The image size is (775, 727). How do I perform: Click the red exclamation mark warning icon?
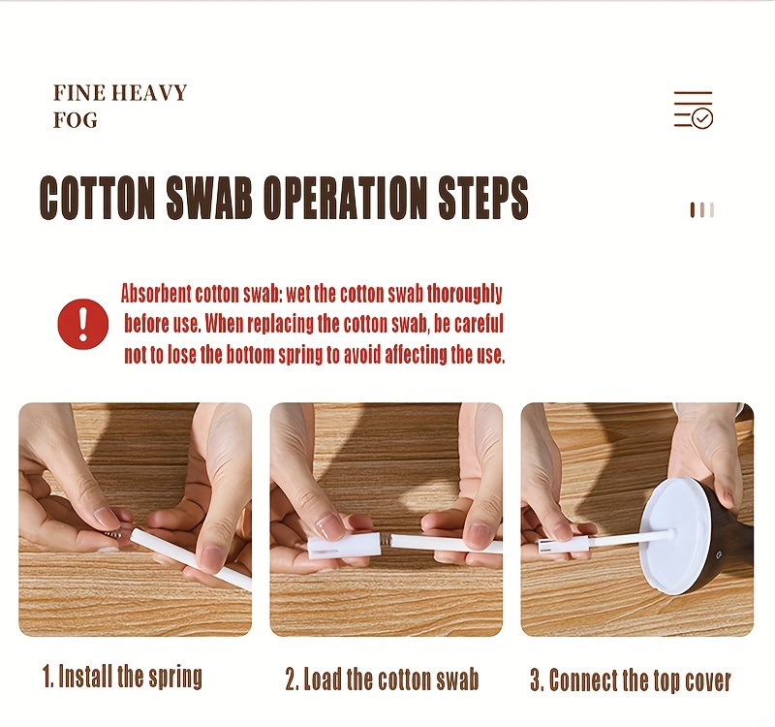point(83,323)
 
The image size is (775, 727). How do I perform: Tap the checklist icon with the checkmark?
point(694,110)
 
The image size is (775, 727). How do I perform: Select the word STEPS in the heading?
point(483,197)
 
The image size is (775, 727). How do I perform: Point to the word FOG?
point(76,120)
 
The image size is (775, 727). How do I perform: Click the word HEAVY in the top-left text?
point(148,92)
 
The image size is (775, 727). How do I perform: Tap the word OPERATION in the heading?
point(345,197)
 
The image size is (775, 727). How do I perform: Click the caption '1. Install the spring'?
point(123,677)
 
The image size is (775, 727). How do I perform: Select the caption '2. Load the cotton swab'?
point(382,679)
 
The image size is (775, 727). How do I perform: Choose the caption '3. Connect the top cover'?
point(631,680)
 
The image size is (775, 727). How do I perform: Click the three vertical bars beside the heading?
point(701,209)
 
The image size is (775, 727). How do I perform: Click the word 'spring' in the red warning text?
point(300,356)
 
